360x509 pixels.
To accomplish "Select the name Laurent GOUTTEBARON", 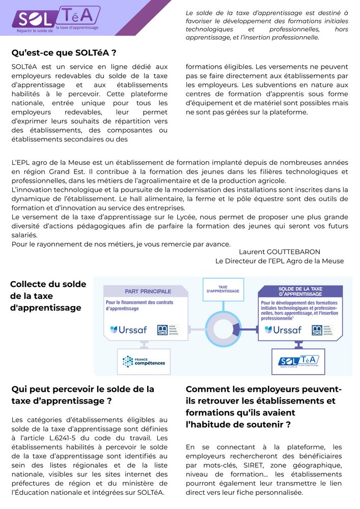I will click(280, 252).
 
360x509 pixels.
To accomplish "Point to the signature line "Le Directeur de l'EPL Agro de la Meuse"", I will click(280, 261).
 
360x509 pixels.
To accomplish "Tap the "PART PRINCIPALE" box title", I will click(148, 291).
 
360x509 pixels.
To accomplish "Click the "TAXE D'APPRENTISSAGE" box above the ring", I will click(223, 289).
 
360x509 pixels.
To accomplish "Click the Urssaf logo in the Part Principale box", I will click(128, 330).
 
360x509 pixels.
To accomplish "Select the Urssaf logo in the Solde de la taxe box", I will click(283, 330).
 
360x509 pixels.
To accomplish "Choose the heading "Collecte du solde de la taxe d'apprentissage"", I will click(48, 296).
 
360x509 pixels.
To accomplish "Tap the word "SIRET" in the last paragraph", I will click(242, 465).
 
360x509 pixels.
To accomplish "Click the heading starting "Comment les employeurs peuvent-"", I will click(264, 407).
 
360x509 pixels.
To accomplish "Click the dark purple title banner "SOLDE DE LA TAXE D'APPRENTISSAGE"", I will click(300, 292).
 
